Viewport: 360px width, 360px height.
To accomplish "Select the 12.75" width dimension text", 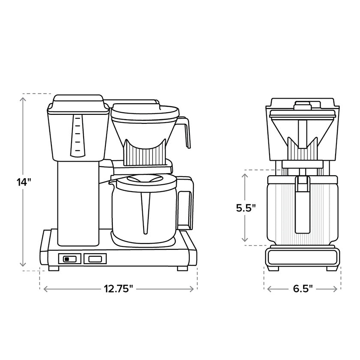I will point(119,289).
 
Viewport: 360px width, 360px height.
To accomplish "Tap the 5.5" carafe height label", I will point(246,208).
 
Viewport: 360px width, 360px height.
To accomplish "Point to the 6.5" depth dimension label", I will point(303,289).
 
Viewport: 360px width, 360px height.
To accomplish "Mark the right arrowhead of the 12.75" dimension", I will point(194,289).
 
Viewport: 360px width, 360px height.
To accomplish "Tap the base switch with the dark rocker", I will point(69,258).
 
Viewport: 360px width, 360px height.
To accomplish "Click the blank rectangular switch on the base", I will point(95,258).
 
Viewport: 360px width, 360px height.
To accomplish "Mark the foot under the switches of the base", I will point(54,269).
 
